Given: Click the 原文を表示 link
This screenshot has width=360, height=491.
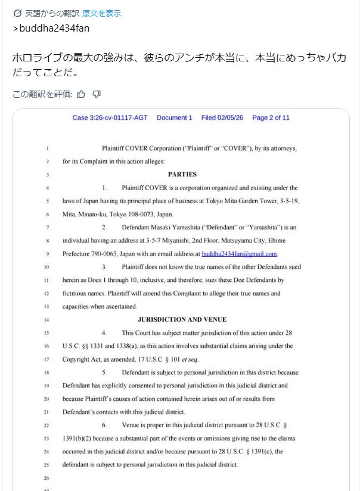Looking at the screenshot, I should point(101,13).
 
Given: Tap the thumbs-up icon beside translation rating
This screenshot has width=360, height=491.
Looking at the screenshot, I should point(81,94).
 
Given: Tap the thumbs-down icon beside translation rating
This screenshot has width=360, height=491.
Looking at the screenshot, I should point(97,94).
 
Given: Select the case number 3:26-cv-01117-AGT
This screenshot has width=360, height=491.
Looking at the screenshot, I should point(110,117).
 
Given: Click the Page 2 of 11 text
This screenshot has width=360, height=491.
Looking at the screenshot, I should point(271,117).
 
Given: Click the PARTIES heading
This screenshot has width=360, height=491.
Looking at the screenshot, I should point(182,175).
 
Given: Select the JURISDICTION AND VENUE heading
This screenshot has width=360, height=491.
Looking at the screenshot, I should point(182,319).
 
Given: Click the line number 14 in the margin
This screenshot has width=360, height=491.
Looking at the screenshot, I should point(46,320).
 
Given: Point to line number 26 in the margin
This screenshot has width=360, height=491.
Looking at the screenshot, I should point(46,478).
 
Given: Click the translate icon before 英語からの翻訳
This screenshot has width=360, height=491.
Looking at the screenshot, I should point(17,13).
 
